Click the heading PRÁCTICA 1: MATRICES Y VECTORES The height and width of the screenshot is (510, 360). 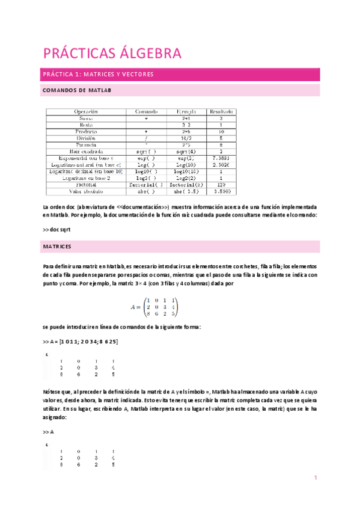(x=98, y=75)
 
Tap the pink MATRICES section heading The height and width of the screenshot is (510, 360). (x=57, y=247)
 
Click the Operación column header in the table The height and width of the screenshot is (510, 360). (x=86, y=112)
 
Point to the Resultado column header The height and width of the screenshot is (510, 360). (x=221, y=112)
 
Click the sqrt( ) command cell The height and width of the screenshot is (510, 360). (x=146, y=152)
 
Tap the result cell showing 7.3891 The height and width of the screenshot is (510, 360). (x=221, y=158)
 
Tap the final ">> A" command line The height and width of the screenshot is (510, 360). (x=48, y=432)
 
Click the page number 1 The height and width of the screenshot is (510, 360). (x=314, y=478)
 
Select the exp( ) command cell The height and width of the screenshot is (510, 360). (x=146, y=158)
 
